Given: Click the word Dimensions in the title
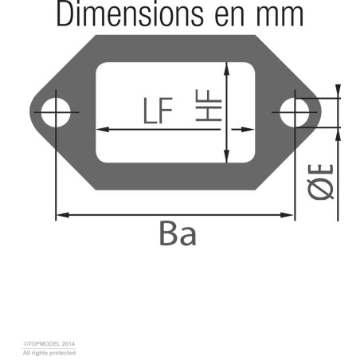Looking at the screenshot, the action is (x=130, y=14).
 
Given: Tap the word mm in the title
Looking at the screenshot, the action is (x=280, y=17).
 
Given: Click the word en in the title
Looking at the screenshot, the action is (x=229, y=17).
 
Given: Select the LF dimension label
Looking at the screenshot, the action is (x=158, y=111).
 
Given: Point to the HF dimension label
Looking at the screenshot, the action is (x=209, y=105).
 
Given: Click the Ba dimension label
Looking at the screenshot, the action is (x=178, y=233).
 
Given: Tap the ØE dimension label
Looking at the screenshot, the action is (x=320, y=182).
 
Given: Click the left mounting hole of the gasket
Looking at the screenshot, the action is (x=56, y=112).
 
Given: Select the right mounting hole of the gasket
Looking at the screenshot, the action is (x=295, y=112).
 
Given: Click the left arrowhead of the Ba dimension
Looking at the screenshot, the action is (x=63, y=215).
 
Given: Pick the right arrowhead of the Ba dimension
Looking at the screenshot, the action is (x=288, y=215).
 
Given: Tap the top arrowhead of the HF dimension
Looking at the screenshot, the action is (x=226, y=68).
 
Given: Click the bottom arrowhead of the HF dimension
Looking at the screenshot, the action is (x=226, y=156).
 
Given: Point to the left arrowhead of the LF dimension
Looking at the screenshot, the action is (x=103, y=130).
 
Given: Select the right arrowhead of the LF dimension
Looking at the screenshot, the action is (x=248, y=130).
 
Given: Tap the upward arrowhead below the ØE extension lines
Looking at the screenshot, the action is (x=338, y=135).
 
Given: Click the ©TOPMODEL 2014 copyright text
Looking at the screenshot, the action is (x=49, y=344).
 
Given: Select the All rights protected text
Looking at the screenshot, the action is (x=49, y=353).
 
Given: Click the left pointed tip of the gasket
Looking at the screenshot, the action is (x=30, y=112).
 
